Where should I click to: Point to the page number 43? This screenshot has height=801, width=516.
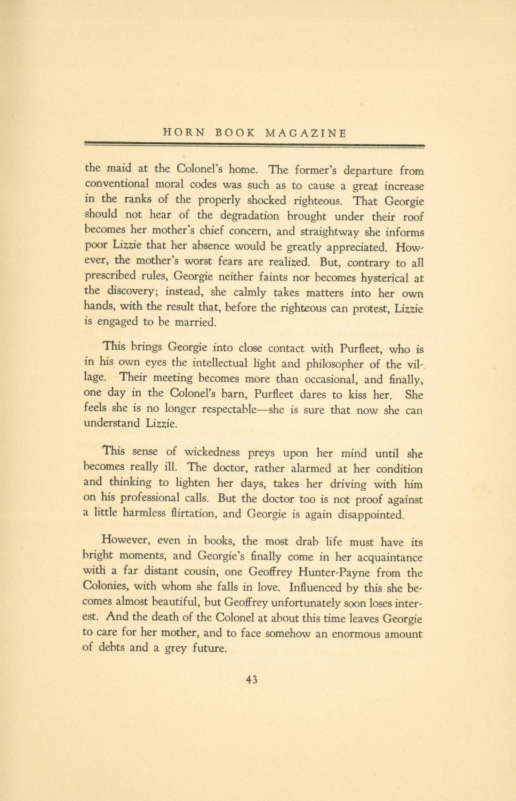pos(251,680)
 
